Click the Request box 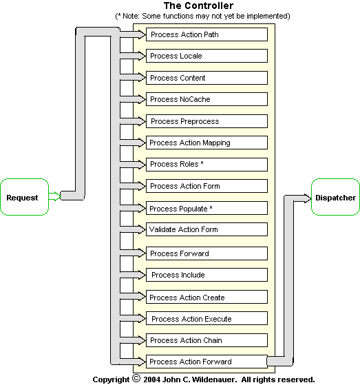[x=25, y=197]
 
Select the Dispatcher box [x=335, y=197]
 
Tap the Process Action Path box [x=207, y=34]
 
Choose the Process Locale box [x=207, y=56]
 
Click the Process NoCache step [x=207, y=99]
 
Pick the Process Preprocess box [x=207, y=121]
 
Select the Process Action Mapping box [x=207, y=143]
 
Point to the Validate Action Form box [x=207, y=229]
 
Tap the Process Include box [x=207, y=275]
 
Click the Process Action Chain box [x=207, y=340]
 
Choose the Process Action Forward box [x=207, y=362]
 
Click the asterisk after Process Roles [x=202, y=163]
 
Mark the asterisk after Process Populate [x=211, y=207]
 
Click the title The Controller [x=198, y=6]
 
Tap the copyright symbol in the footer [x=136, y=378]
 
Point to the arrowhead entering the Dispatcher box [x=308, y=198]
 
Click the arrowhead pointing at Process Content [x=142, y=78]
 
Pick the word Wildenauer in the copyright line [x=214, y=379]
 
